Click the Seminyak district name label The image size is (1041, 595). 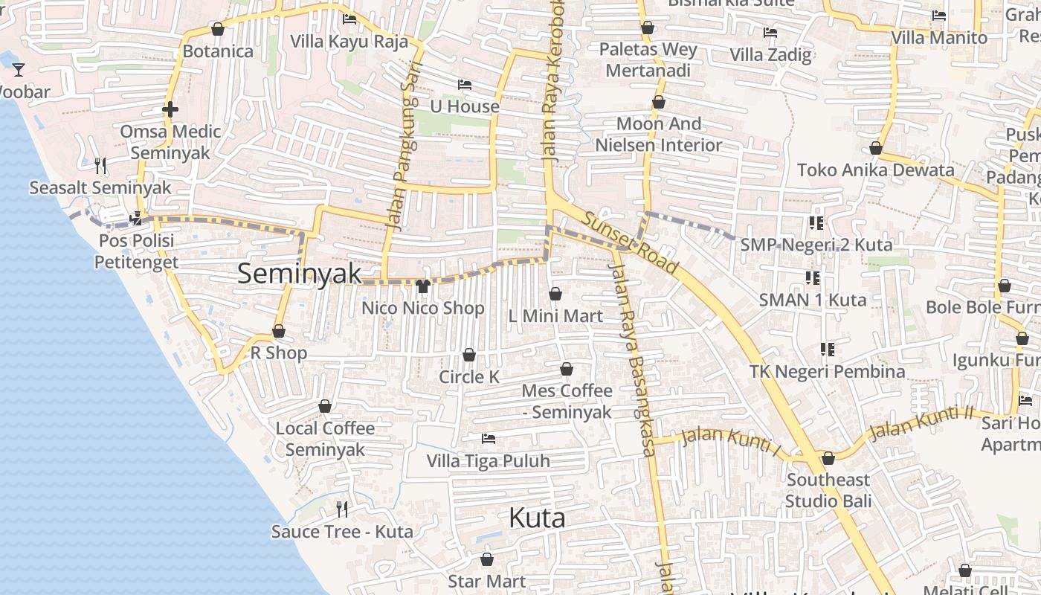pos(300,274)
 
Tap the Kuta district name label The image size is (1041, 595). pos(537,518)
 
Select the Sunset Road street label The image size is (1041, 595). pos(630,243)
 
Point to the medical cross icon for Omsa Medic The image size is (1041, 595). pos(170,110)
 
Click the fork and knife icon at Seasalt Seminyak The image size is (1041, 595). pos(100,165)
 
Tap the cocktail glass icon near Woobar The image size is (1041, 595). pos(19,70)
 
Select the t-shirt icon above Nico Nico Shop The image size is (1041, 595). pos(423,286)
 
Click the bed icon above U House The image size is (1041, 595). pos(465,85)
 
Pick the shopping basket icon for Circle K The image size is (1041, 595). pos(469,355)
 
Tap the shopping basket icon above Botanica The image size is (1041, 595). pos(218,29)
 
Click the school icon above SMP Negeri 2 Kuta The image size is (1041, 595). pos(816,222)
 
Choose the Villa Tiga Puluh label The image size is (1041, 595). pos(489,461)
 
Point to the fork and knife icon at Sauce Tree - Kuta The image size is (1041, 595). pos(342,509)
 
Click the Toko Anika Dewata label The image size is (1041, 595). pos(876,170)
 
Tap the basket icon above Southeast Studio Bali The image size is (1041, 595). pos(828,458)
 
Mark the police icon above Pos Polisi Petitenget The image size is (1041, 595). pos(136,219)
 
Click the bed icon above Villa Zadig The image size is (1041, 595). pos(770,33)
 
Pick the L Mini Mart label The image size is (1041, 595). pos(555,316)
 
